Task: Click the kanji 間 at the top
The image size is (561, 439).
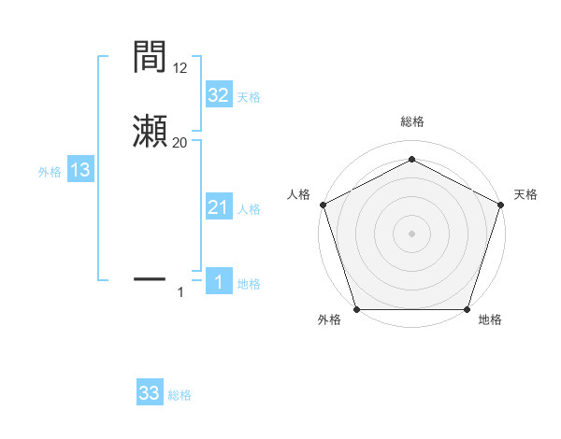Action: tap(151, 59)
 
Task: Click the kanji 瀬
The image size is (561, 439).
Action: tap(151, 132)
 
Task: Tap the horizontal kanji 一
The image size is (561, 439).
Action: tap(151, 278)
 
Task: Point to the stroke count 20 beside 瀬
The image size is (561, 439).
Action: tap(180, 142)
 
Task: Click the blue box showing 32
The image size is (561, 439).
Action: tap(218, 95)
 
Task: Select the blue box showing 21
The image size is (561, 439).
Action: tap(218, 207)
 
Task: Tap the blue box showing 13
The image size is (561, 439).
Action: tap(80, 170)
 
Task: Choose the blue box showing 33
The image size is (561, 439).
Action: tap(150, 393)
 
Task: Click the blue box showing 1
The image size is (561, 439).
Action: tap(218, 282)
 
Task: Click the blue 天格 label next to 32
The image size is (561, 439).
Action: tap(249, 97)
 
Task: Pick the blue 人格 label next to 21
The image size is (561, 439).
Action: tap(249, 209)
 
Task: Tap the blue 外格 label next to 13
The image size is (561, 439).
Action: tap(50, 172)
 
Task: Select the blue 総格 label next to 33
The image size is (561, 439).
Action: tap(180, 395)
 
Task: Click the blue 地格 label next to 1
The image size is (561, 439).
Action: tap(249, 284)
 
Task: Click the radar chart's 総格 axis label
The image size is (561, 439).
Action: tap(411, 121)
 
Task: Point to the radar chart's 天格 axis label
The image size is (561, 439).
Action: tap(525, 194)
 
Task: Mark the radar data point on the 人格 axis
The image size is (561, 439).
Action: tap(323, 204)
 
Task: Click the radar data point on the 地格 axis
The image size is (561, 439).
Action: tap(467, 309)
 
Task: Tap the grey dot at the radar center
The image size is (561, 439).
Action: tap(411, 233)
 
